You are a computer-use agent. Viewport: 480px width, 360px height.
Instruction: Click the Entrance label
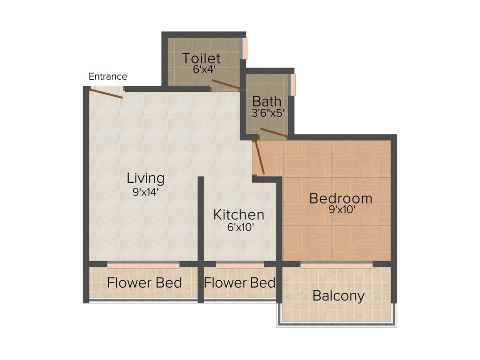click(108, 76)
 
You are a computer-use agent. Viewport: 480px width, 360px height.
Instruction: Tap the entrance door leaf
click(106, 93)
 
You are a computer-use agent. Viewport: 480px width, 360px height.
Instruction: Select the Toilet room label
click(201, 59)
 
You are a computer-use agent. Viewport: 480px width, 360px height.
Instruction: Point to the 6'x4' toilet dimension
click(204, 69)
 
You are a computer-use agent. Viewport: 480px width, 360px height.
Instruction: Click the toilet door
click(225, 85)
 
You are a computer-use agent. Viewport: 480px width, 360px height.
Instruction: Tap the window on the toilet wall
click(244, 48)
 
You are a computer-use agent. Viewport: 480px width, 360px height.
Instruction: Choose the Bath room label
click(267, 101)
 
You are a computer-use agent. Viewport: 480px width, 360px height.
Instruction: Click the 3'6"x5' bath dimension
click(268, 113)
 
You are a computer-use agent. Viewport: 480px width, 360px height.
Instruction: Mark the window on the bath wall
click(293, 85)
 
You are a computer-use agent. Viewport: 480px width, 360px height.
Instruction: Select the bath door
click(274, 133)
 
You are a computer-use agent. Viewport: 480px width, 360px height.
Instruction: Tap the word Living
click(146, 178)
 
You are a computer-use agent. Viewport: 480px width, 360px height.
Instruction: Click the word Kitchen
click(239, 215)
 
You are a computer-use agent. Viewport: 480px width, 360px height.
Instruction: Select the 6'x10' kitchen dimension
click(240, 228)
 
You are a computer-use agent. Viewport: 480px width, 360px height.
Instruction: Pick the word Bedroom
click(341, 198)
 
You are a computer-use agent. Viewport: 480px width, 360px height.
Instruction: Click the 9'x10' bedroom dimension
click(342, 210)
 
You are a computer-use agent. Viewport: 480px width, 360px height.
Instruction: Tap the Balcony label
click(338, 296)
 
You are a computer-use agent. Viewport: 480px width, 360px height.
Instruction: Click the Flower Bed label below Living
click(144, 283)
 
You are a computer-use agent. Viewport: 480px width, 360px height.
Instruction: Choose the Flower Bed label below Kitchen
click(240, 283)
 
